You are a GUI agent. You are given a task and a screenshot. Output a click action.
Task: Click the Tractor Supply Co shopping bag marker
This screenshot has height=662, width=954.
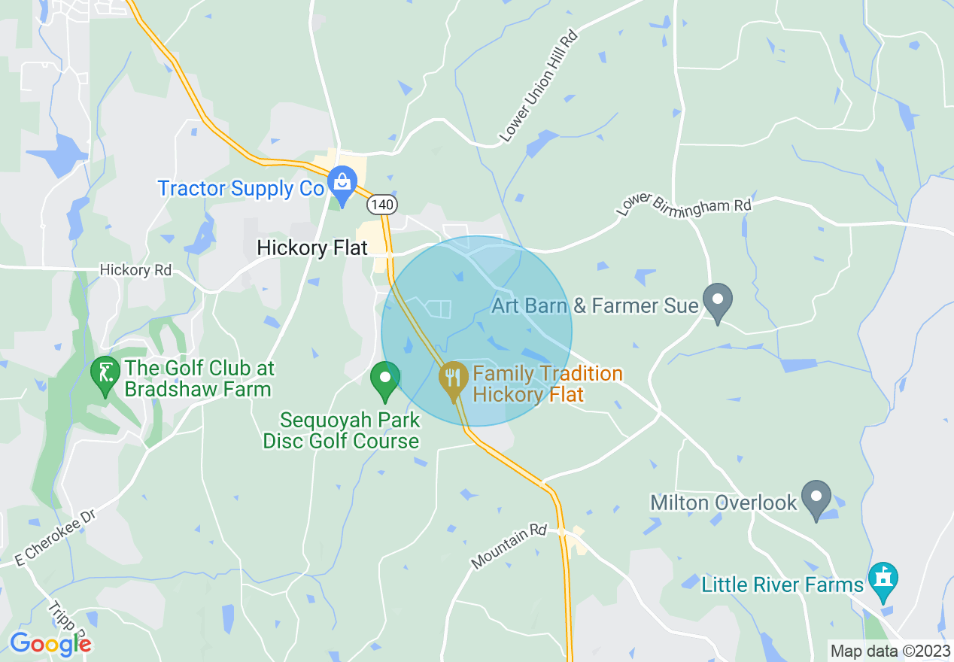pyautogui.click(x=342, y=184)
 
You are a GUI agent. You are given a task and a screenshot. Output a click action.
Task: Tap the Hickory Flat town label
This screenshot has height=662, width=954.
pyautogui.click(x=312, y=247)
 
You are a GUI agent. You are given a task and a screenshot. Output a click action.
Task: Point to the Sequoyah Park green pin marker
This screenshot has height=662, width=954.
pyautogui.click(x=386, y=380)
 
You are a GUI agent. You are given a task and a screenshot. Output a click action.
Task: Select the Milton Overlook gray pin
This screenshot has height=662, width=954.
pyautogui.click(x=816, y=498)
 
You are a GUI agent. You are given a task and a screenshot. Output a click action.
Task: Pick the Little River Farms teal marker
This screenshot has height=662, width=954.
pyautogui.click(x=883, y=581)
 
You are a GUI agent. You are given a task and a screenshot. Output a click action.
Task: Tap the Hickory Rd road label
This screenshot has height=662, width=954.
pyautogui.click(x=135, y=270)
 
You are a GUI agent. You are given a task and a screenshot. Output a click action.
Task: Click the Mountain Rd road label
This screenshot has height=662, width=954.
pyautogui.click(x=509, y=546)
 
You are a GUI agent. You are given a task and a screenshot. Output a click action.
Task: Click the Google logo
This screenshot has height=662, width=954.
pyautogui.click(x=50, y=643)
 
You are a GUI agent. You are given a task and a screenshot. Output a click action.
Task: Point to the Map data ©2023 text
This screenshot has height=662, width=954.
pyautogui.click(x=889, y=651)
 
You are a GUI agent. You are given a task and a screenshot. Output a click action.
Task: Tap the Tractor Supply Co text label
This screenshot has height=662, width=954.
pyautogui.click(x=240, y=188)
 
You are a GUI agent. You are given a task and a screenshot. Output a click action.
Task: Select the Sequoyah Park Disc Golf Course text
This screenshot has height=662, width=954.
pyautogui.click(x=341, y=430)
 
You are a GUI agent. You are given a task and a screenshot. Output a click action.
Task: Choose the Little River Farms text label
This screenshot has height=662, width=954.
pyautogui.click(x=782, y=585)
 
